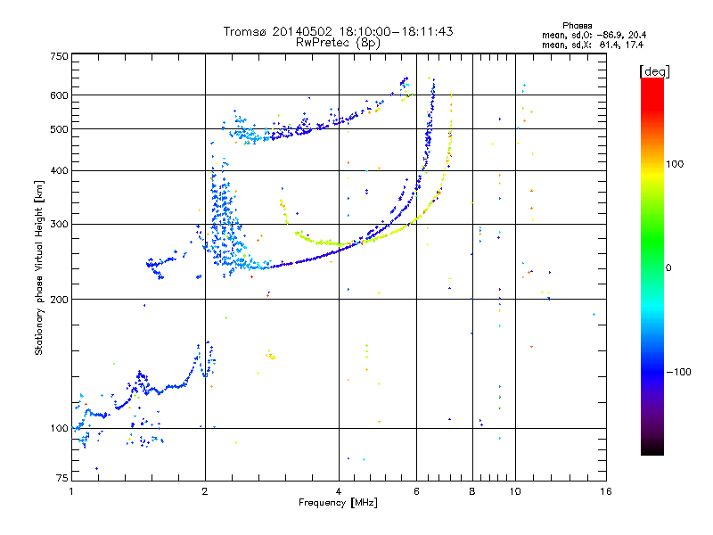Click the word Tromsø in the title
[x=244, y=31]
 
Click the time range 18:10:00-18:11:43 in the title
[x=396, y=31]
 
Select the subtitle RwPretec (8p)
[x=338, y=43]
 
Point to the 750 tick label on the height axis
[x=59, y=56]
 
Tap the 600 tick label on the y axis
[x=59, y=95]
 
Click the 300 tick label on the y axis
[x=59, y=225]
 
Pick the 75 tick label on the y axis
[x=62, y=478]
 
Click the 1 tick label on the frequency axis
[x=71, y=491]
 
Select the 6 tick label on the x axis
[x=416, y=491]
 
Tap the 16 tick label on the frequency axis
[x=606, y=491]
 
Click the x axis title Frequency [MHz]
[x=338, y=503]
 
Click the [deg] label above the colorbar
[x=654, y=72]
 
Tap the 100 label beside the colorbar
[x=675, y=164]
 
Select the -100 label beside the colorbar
[x=678, y=372]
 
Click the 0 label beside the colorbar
[x=668, y=268]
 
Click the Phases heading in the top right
[x=577, y=26]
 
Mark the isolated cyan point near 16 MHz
[x=594, y=315]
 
